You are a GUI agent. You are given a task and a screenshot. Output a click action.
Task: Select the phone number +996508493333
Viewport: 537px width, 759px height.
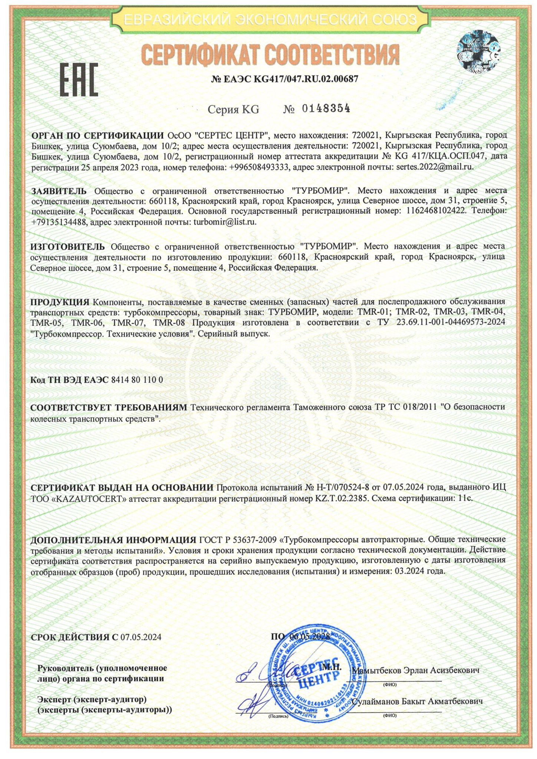coord(259,167)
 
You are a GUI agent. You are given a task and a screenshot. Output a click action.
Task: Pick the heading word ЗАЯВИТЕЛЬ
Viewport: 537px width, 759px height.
coord(59,191)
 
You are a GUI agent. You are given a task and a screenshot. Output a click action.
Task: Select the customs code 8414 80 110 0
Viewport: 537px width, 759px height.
coord(137,380)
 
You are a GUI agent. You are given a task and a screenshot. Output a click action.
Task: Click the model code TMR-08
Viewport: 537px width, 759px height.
coord(169,322)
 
